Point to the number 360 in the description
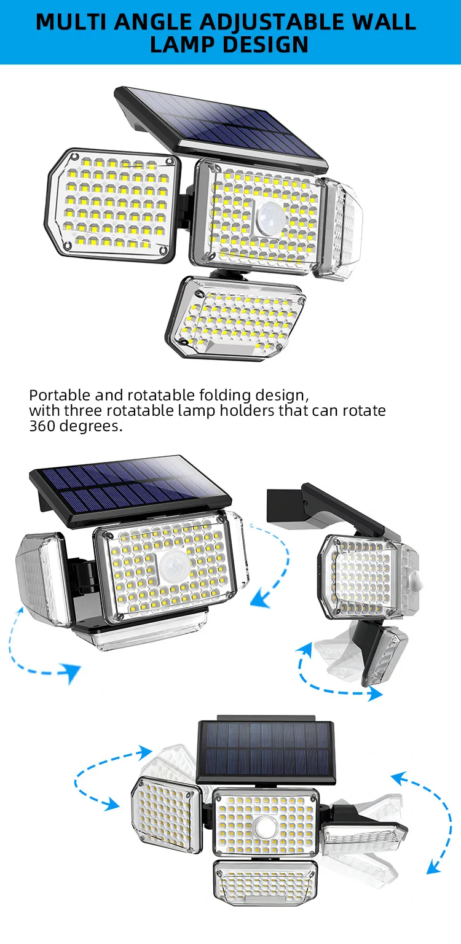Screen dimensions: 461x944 (42, 426)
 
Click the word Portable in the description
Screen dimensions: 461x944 (60, 396)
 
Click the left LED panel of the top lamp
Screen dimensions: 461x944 (114, 204)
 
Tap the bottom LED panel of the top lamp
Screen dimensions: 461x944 (235, 318)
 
